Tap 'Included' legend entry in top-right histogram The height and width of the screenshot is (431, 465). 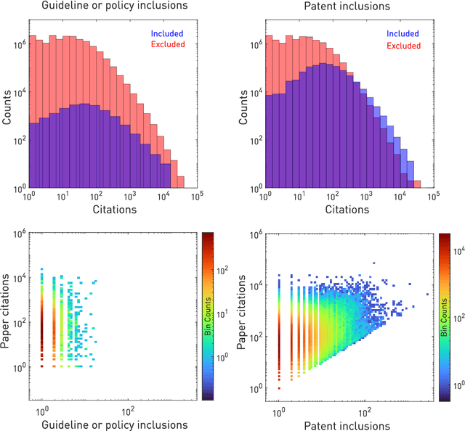click(403, 33)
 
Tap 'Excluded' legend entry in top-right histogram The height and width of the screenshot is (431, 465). click(403, 45)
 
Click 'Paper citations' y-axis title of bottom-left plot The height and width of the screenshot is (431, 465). click(8, 316)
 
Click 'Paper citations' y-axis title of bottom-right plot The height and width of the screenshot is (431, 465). click(242, 316)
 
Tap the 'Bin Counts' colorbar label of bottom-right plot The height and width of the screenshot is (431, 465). click(462, 316)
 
